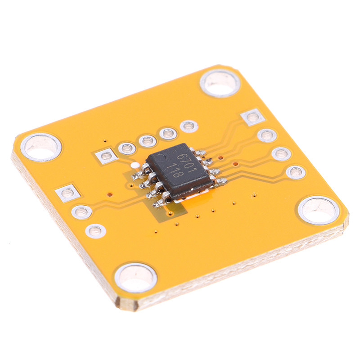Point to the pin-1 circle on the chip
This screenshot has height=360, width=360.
pyautogui.click(x=162, y=158)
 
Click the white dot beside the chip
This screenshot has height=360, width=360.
pyautogui.click(x=135, y=165)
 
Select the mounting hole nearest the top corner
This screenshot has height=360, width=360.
pyautogui.click(x=220, y=83)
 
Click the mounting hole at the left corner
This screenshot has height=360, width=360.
pyautogui.click(x=41, y=147)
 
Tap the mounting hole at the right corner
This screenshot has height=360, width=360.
pyautogui.click(x=319, y=210)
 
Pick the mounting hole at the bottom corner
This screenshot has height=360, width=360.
pyautogui.click(x=136, y=278)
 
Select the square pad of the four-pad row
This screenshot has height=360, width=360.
pyautogui.click(x=253, y=117)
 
